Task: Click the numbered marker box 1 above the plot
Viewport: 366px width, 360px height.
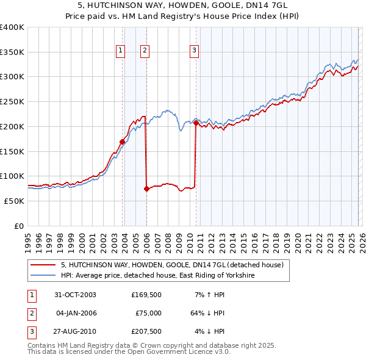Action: (x=121, y=51)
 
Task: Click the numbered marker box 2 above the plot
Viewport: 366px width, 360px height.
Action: (x=145, y=51)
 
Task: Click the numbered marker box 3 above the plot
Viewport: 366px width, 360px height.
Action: (x=195, y=51)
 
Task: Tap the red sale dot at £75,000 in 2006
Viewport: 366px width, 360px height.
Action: (x=146, y=189)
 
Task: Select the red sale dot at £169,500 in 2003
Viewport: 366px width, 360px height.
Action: (x=123, y=142)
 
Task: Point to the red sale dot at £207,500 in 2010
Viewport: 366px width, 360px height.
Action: (x=196, y=123)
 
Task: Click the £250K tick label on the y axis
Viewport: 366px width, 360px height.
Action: (x=12, y=101)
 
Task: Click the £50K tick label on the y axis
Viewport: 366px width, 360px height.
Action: (x=14, y=201)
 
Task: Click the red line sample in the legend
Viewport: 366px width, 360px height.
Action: (x=44, y=265)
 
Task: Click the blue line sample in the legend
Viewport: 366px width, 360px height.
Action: (x=44, y=276)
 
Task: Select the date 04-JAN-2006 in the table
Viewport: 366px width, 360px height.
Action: (x=76, y=313)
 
